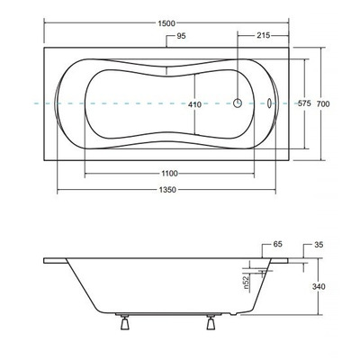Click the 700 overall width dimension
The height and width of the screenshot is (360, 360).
point(336,104)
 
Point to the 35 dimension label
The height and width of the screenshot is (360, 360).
point(319,244)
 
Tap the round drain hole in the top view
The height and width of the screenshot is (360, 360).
point(238,103)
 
